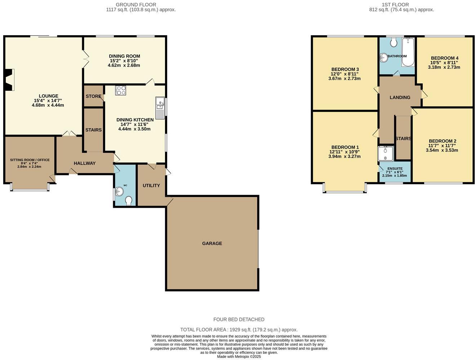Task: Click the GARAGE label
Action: [212, 243]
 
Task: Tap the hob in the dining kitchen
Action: [120, 90]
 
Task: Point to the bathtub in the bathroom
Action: [408, 53]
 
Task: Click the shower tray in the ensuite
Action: [385, 153]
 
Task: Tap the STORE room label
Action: [93, 96]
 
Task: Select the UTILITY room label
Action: [151, 185]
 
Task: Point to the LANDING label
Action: [400, 97]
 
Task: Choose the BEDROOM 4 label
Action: [445, 58]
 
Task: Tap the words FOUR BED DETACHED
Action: [239, 319]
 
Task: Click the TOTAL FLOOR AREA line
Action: [239, 329]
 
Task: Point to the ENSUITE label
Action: [395, 168]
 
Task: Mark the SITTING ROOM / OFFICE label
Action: [30, 160]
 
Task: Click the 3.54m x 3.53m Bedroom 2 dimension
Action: [442, 150]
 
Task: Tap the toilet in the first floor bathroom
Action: [393, 43]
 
